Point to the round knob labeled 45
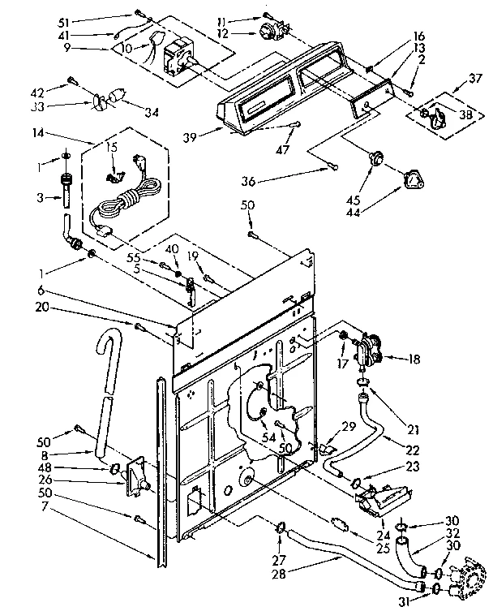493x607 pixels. tap(375, 157)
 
